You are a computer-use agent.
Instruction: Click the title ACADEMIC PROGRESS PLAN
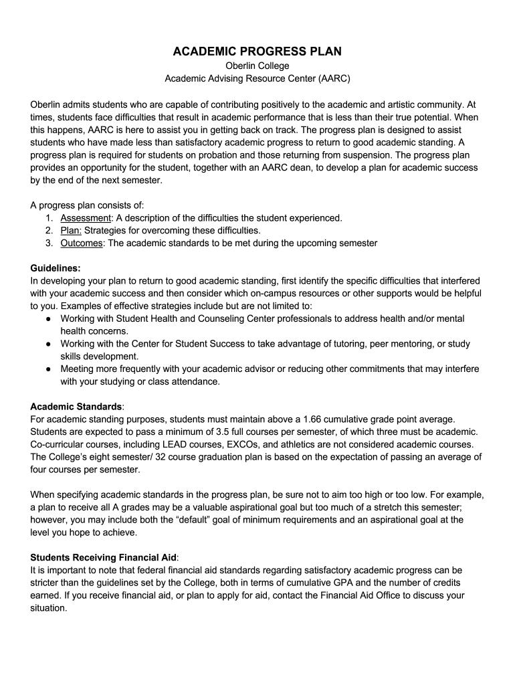tap(257, 52)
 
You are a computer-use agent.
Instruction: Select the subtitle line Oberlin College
tap(257, 66)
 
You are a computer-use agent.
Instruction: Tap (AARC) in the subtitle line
tap(330, 78)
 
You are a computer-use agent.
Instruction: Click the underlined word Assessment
tap(86, 218)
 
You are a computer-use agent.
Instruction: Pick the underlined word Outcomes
tap(82, 243)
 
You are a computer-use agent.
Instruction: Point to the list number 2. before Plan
tap(50, 231)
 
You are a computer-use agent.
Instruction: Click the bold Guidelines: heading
tap(56, 268)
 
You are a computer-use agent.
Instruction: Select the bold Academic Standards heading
tap(76, 407)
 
